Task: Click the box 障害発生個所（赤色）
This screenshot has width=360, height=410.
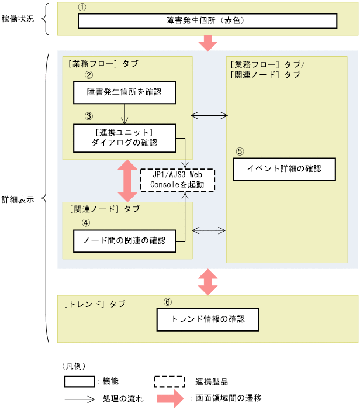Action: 207,21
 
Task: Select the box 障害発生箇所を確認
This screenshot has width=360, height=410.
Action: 124,92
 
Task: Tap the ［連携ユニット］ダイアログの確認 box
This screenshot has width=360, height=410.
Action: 124,137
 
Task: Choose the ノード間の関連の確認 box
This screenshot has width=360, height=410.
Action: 124,240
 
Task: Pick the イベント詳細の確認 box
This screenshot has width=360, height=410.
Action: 285,169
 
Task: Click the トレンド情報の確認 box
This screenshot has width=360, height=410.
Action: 207,320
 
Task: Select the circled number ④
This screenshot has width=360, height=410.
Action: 86,223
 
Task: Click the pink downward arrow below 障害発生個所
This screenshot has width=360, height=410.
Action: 207,42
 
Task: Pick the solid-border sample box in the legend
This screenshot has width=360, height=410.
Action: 79,381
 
